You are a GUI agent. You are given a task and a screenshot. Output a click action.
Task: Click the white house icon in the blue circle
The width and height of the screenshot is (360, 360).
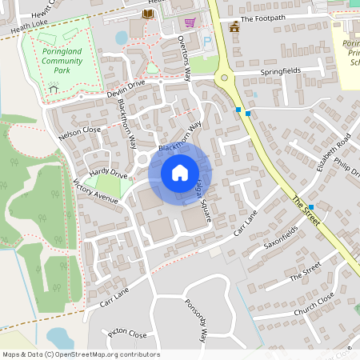pos(179,172)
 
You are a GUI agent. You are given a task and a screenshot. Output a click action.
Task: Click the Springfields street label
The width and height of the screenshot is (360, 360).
pos(280,71)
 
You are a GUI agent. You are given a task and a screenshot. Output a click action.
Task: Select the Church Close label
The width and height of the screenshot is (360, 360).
pos(314,302)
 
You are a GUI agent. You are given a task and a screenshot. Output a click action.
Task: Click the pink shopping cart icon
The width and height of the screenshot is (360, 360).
pos(190,22)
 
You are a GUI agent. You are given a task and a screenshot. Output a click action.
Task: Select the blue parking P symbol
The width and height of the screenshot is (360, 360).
pos(209,41)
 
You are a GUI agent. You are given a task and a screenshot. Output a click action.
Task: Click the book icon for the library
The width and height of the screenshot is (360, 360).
pos(147,14)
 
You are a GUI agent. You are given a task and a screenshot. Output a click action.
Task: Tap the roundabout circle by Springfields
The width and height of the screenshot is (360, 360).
pos(223,78)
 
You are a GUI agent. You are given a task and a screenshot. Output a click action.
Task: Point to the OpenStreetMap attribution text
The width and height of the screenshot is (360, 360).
pos(80,354)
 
